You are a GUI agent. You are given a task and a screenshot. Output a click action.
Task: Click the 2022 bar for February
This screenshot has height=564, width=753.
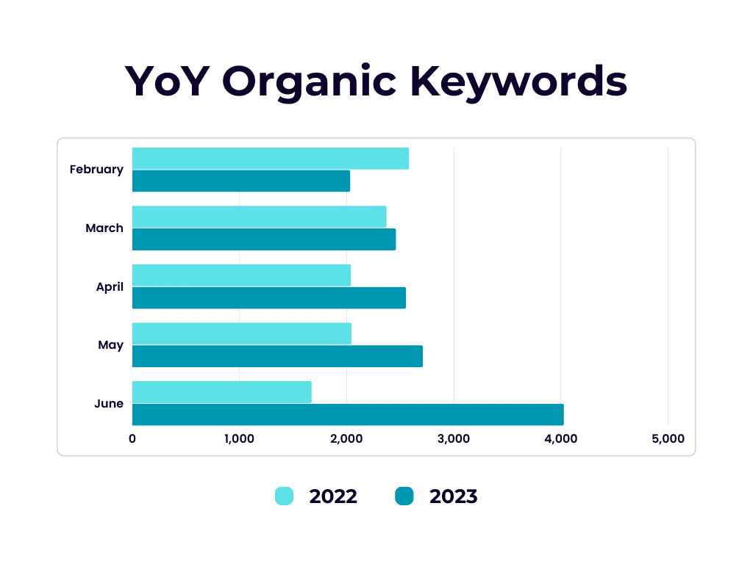[271, 159]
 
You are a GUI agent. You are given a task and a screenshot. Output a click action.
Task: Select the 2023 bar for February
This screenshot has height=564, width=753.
[241, 181]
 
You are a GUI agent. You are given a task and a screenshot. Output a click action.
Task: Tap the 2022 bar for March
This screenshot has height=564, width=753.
[260, 217]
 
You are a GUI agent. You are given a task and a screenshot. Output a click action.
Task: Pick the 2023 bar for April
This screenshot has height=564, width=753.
[269, 298]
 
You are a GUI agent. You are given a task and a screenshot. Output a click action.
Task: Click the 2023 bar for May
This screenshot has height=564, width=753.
[277, 356]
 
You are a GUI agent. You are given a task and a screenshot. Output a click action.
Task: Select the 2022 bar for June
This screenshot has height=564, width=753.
[222, 392]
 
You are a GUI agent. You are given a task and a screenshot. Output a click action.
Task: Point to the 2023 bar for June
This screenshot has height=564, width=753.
[348, 414]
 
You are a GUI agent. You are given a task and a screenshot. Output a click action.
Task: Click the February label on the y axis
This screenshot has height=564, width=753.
[96, 170]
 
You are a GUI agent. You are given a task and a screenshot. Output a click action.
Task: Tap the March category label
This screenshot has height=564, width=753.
[104, 228]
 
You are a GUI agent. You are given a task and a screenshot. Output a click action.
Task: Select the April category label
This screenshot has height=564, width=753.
[110, 287]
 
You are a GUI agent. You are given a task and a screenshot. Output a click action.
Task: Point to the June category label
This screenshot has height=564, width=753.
[109, 403]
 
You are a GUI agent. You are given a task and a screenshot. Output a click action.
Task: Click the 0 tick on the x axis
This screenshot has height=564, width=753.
[132, 438]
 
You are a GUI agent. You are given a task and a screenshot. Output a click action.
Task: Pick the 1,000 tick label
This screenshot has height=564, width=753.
[239, 438]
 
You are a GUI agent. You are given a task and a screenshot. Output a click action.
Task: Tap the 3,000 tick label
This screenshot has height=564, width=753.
[453, 438]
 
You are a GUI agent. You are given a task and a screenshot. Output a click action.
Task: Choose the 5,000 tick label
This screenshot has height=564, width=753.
[668, 438]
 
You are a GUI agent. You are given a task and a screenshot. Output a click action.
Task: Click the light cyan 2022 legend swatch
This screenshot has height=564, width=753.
[284, 496]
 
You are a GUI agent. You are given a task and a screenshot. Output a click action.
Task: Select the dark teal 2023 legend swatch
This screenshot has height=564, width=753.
[404, 496]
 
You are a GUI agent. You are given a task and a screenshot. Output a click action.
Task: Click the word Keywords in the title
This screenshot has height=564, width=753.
[518, 82]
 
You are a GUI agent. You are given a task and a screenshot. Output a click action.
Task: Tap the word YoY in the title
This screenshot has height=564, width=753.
[167, 81]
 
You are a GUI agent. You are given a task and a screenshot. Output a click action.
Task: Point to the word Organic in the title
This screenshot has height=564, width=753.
[310, 82]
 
